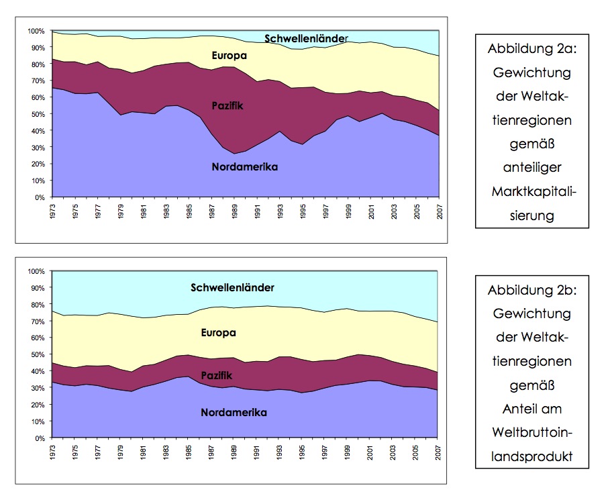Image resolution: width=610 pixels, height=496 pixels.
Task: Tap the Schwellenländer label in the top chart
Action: (306, 38)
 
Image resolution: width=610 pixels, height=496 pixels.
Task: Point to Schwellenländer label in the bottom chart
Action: (232, 288)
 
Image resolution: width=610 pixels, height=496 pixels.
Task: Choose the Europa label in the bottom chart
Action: (218, 332)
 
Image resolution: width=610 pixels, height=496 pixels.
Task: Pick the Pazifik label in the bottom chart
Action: (217, 376)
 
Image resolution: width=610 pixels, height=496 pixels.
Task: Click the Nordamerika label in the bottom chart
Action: (234, 413)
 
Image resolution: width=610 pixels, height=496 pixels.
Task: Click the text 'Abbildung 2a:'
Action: (531, 50)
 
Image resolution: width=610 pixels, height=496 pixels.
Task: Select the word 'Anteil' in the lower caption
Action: (519, 409)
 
